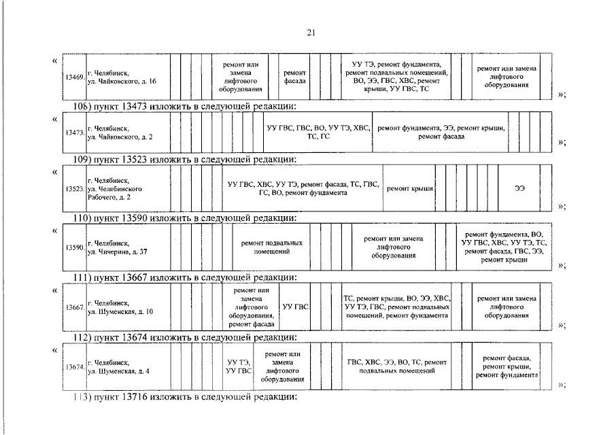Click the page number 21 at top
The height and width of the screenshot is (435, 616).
coord(311,33)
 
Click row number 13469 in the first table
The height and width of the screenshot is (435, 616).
coord(74,77)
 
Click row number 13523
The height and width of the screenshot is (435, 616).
coord(74,188)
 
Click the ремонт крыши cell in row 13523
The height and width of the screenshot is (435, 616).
coord(410,188)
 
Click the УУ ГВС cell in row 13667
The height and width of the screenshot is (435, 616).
coord(295,307)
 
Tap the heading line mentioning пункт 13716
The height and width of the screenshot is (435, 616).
coord(185,396)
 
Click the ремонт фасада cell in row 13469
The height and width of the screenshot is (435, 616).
coord(294,77)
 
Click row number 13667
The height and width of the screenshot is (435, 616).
coord(74,307)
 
